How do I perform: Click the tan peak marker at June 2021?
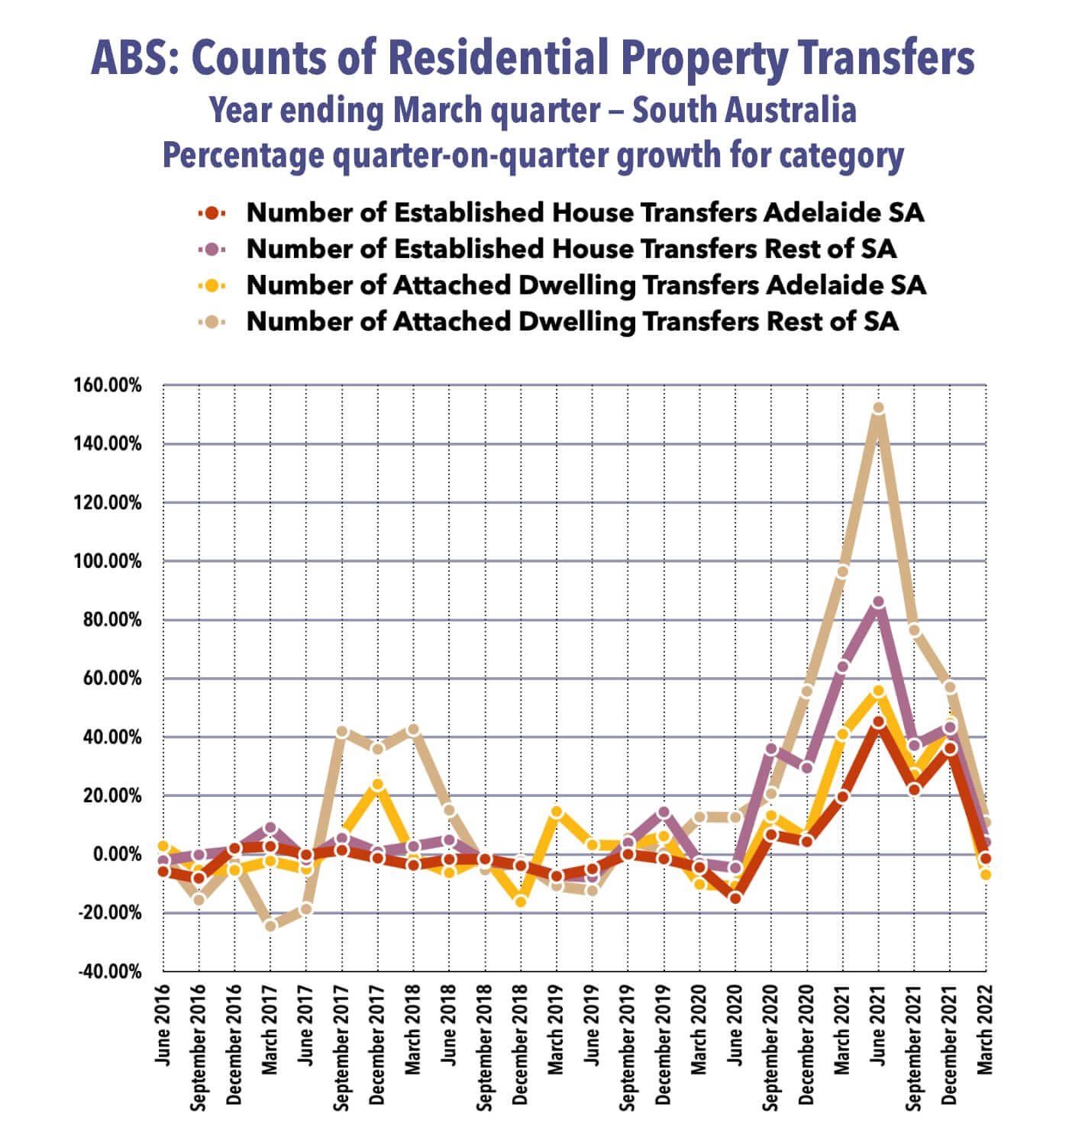coord(878,408)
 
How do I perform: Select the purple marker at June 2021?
coord(878,602)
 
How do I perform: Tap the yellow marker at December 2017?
coord(377,785)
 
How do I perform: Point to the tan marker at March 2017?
coord(270,926)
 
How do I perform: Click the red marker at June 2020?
coord(735,898)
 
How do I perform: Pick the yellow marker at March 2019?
coord(557,812)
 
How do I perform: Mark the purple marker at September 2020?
coord(770,750)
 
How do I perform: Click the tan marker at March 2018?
coord(413,730)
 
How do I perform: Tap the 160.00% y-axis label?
coord(110,385)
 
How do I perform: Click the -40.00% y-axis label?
coord(110,972)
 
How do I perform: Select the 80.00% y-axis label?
coord(113,620)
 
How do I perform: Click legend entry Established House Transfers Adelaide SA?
coord(585,212)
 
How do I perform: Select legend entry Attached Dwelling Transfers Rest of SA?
coord(572,321)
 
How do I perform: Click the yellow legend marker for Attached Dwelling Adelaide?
coord(212,285)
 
